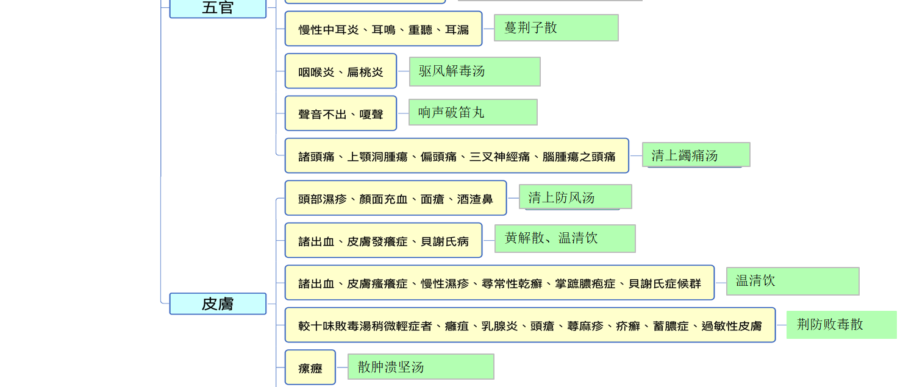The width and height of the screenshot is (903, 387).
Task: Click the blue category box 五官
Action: click(218, 9)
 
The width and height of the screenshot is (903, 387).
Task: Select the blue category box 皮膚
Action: click(218, 304)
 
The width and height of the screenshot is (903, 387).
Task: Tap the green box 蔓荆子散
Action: click(556, 28)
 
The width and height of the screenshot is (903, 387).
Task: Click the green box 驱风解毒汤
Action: click(475, 71)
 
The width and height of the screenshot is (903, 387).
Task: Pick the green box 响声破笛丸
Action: click(473, 112)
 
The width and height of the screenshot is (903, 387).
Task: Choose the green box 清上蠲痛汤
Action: click(696, 155)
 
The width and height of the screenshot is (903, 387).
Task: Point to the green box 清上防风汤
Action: click(575, 197)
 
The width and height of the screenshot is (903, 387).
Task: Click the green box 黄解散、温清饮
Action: click(565, 239)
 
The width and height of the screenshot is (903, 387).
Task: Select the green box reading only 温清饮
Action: click(793, 281)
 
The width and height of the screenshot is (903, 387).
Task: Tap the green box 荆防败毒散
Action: click(842, 324)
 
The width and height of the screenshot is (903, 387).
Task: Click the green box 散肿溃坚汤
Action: click(421, 366)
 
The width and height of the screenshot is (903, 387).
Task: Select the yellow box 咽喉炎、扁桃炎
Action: click(341, 71)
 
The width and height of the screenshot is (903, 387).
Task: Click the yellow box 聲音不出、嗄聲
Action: click(341, 113)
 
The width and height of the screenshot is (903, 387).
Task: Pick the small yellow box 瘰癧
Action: click(310, 367)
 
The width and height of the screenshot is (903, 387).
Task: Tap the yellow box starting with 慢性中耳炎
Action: click(384, 29)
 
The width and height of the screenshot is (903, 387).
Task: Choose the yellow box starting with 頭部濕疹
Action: click(396, 198)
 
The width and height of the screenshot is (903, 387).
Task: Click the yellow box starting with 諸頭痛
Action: click(457, 155)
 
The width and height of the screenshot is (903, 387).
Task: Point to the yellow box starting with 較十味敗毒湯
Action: click(530, 325)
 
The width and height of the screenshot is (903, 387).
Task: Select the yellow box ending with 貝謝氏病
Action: click(384, 240)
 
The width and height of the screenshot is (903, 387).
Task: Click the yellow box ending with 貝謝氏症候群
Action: click(499, 283)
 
